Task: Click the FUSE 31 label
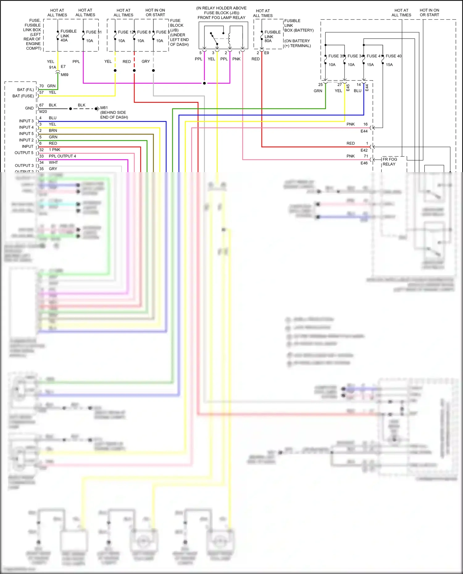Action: tap(94, 32)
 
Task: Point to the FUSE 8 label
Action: tap(144, 32)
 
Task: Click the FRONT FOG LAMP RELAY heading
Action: tap(221, 18)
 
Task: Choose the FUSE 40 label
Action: tap(394, 56)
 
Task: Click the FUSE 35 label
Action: tap(336, 56)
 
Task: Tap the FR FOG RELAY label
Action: tap(390, 162)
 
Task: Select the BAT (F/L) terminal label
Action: tap(25, 90)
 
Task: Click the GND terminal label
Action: tap(29, 108)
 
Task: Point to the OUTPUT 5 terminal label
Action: tap(24, 153)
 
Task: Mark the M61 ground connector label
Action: tap(104, 108)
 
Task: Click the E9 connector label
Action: tap(266, 53)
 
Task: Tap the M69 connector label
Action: tap(65, 75)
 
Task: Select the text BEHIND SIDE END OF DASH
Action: tap(114, 115)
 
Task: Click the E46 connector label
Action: tap(364, 163)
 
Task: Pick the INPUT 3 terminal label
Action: tap(26, 121)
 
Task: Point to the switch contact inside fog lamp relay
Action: tap(214, 38)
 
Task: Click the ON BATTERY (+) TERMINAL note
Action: tap(298, 43)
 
